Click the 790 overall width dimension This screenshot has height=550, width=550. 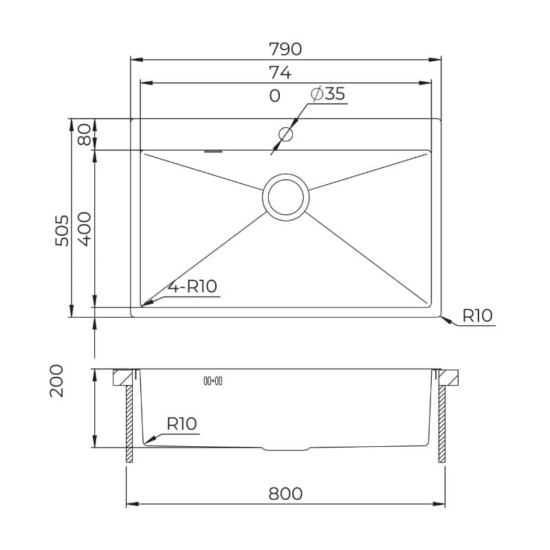tap(285, 49)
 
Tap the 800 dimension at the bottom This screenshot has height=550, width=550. tap(285, 494)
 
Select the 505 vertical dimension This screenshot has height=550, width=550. tap(63, 230)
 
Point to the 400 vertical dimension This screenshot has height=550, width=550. tap(84, 229)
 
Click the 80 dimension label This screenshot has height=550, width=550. tap(84, 135)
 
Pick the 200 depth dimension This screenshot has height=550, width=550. tap(56, 381)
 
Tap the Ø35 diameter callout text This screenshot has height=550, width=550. tap(328, 93)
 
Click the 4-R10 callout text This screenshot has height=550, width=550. tap(192, 286)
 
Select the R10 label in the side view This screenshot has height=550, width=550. tap(181, 423)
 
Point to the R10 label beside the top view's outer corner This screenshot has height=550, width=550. tap(477, 316)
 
